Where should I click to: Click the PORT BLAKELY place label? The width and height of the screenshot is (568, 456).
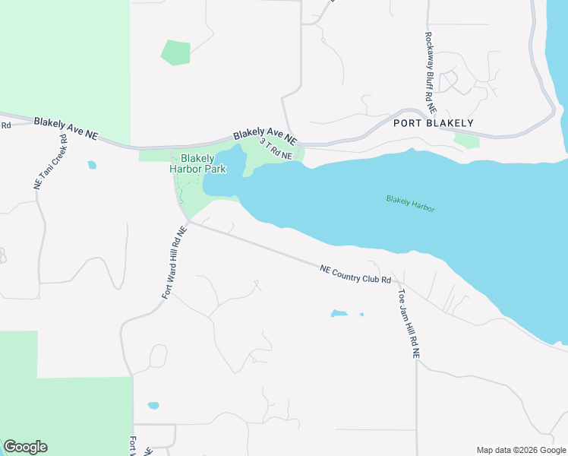[433, 123]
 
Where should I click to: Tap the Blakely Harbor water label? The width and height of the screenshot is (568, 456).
[410, 203]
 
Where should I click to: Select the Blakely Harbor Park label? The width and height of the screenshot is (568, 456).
[190, 164]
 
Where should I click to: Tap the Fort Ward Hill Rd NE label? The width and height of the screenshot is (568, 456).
[173, 262]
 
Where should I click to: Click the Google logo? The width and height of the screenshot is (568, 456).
[25, 447]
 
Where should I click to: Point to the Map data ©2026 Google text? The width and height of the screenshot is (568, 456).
[520, 450]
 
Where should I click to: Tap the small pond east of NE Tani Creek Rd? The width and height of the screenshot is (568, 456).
[92, 164]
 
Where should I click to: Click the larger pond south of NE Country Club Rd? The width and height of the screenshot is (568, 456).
[339, 313]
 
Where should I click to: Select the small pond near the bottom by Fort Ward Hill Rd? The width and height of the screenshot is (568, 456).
[153, 406]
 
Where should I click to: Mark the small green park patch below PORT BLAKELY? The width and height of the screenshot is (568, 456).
[466, 140]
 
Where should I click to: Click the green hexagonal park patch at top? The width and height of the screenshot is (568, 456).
[175, 52]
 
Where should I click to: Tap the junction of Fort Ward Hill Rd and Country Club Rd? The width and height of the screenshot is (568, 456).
[188, 222]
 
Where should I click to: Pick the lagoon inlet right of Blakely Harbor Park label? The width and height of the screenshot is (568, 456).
[226, 171]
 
